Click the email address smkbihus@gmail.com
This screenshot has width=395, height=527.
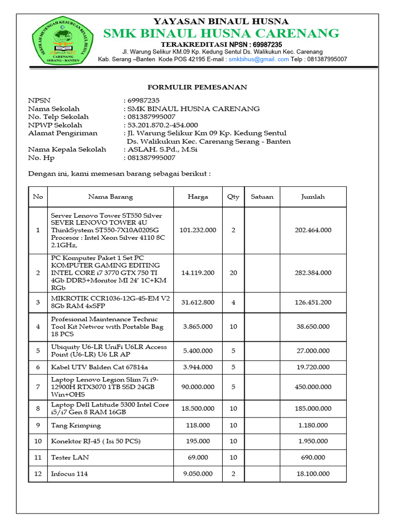(259, 59)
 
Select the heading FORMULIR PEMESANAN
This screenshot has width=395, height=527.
(197, 87)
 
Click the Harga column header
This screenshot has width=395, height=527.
(197, 197)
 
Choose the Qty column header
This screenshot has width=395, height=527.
(233, 197)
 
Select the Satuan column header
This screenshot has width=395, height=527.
(262, 197)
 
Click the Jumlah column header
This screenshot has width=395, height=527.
(313, 197)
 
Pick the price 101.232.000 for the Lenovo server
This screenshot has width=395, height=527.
(197, 230)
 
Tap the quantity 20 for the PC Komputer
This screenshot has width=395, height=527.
(233, 273)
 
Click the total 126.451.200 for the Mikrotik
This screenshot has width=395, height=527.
(313, 302)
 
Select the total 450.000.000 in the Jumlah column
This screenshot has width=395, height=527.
(313, 387)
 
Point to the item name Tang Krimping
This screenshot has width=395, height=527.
(76, 426)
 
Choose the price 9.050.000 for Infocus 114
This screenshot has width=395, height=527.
(197, 473)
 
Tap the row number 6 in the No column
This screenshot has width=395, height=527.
(38, 367)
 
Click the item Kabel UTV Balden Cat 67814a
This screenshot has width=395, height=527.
(99, 367)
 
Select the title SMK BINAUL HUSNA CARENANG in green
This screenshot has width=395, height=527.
(221, 34)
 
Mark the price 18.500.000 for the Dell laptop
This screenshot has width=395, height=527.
(197, 408)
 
